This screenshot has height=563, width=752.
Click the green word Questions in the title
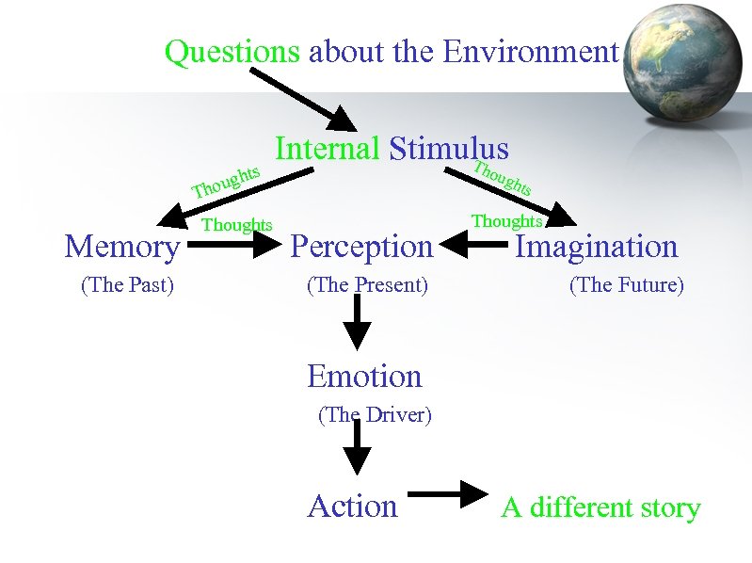point(232,52)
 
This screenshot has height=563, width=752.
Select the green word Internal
point(327,149)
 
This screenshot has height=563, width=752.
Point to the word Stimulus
point(448,149)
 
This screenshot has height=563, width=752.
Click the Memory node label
point(122,247)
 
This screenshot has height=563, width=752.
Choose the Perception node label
point(361,247)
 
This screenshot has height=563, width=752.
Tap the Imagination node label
point(596,247)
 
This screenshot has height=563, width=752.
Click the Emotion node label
point(364,377)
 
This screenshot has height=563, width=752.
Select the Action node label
point(352,507)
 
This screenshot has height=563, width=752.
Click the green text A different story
point(600,508)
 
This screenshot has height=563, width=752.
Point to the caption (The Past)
point(128,284)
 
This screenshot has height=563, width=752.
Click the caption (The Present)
point(367,284)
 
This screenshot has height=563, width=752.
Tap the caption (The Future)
point(626,284)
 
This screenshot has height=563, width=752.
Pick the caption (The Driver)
point(375,414)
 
